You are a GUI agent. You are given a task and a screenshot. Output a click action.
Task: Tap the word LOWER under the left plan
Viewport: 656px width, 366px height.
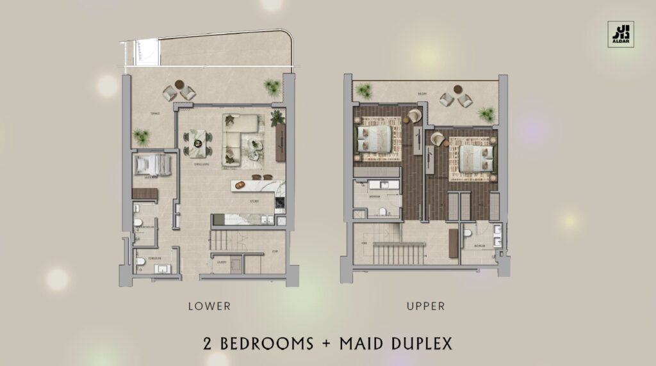tap(209, 306)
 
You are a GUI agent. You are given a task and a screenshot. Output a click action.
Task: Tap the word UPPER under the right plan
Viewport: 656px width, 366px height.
tap(426, 306)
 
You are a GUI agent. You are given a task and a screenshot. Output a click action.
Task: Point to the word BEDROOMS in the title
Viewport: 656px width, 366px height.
tap(266, 343)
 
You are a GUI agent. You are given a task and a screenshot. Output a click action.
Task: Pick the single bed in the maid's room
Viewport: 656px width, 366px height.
tap(153, 166)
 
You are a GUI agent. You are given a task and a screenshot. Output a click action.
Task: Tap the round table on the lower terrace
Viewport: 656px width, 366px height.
tap(178, 86)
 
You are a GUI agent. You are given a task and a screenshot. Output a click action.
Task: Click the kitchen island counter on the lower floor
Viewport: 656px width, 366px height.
tap(254, 185)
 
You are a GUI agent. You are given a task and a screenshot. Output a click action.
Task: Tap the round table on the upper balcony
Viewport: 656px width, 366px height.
tap(456, 90)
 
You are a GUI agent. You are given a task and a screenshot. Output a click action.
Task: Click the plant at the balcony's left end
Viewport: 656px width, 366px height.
tap(367, 91)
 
